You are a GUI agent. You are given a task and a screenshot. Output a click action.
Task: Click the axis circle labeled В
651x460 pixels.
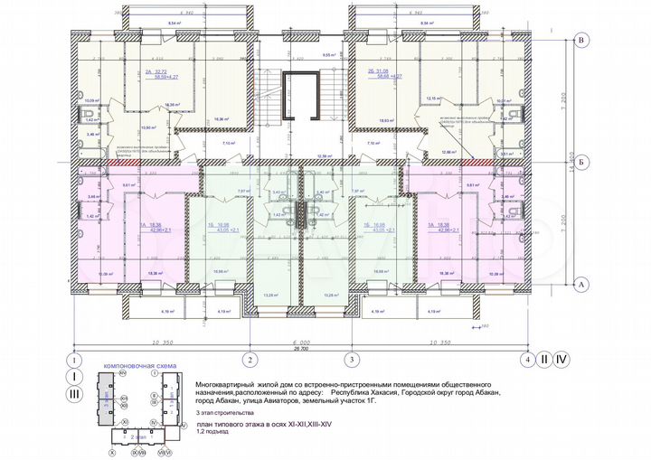point(583,41)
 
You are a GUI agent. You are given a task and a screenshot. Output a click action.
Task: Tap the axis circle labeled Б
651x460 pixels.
point(583,163)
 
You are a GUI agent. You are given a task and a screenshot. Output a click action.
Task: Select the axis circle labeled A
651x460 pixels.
point(583,284)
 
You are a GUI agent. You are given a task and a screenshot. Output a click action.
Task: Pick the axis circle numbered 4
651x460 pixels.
point(526,359)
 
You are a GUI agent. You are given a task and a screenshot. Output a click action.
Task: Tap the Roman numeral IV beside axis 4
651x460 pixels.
point(562,359)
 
